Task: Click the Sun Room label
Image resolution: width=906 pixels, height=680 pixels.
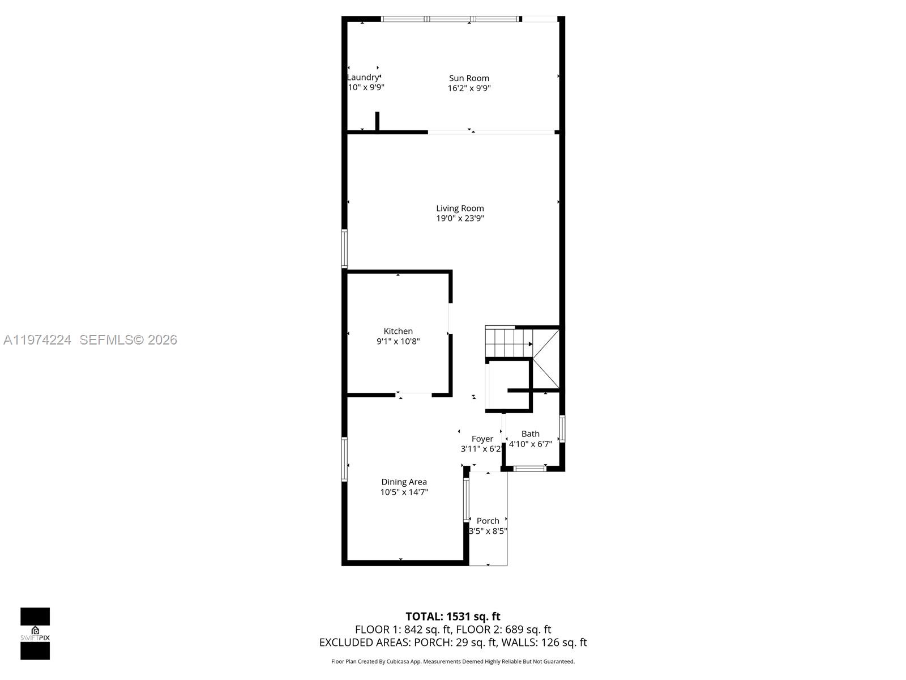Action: point(469,78)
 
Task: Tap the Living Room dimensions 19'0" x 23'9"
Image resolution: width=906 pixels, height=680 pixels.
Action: point(460,218)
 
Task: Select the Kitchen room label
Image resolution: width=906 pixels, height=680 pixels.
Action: point(398,331)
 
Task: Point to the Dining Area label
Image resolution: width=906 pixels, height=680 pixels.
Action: point(404,482)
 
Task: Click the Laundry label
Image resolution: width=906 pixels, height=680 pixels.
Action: point(363,77)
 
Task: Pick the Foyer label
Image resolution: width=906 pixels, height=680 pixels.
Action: point(482,439)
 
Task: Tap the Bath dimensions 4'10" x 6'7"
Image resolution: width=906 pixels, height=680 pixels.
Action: point(530,444)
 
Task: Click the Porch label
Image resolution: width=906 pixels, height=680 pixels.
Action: point(488,521)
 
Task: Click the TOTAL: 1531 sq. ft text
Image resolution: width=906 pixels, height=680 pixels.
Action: point(453,616)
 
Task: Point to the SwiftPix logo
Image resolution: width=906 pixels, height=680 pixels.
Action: point(35,634)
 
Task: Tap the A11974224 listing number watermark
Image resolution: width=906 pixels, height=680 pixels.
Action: point(37,339)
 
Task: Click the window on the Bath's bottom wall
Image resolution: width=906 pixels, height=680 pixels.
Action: point(530,468)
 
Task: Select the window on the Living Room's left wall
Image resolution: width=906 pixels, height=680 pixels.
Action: point(344,248)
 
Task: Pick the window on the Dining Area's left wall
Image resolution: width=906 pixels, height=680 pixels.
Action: point(344,459)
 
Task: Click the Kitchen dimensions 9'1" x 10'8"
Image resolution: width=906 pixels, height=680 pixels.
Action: point(398,341)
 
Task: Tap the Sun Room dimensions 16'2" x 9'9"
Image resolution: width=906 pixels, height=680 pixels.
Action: point(469,88)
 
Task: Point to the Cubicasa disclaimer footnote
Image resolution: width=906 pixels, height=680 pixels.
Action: point(453,661)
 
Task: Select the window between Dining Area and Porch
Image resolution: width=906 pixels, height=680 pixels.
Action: point(467,500)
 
